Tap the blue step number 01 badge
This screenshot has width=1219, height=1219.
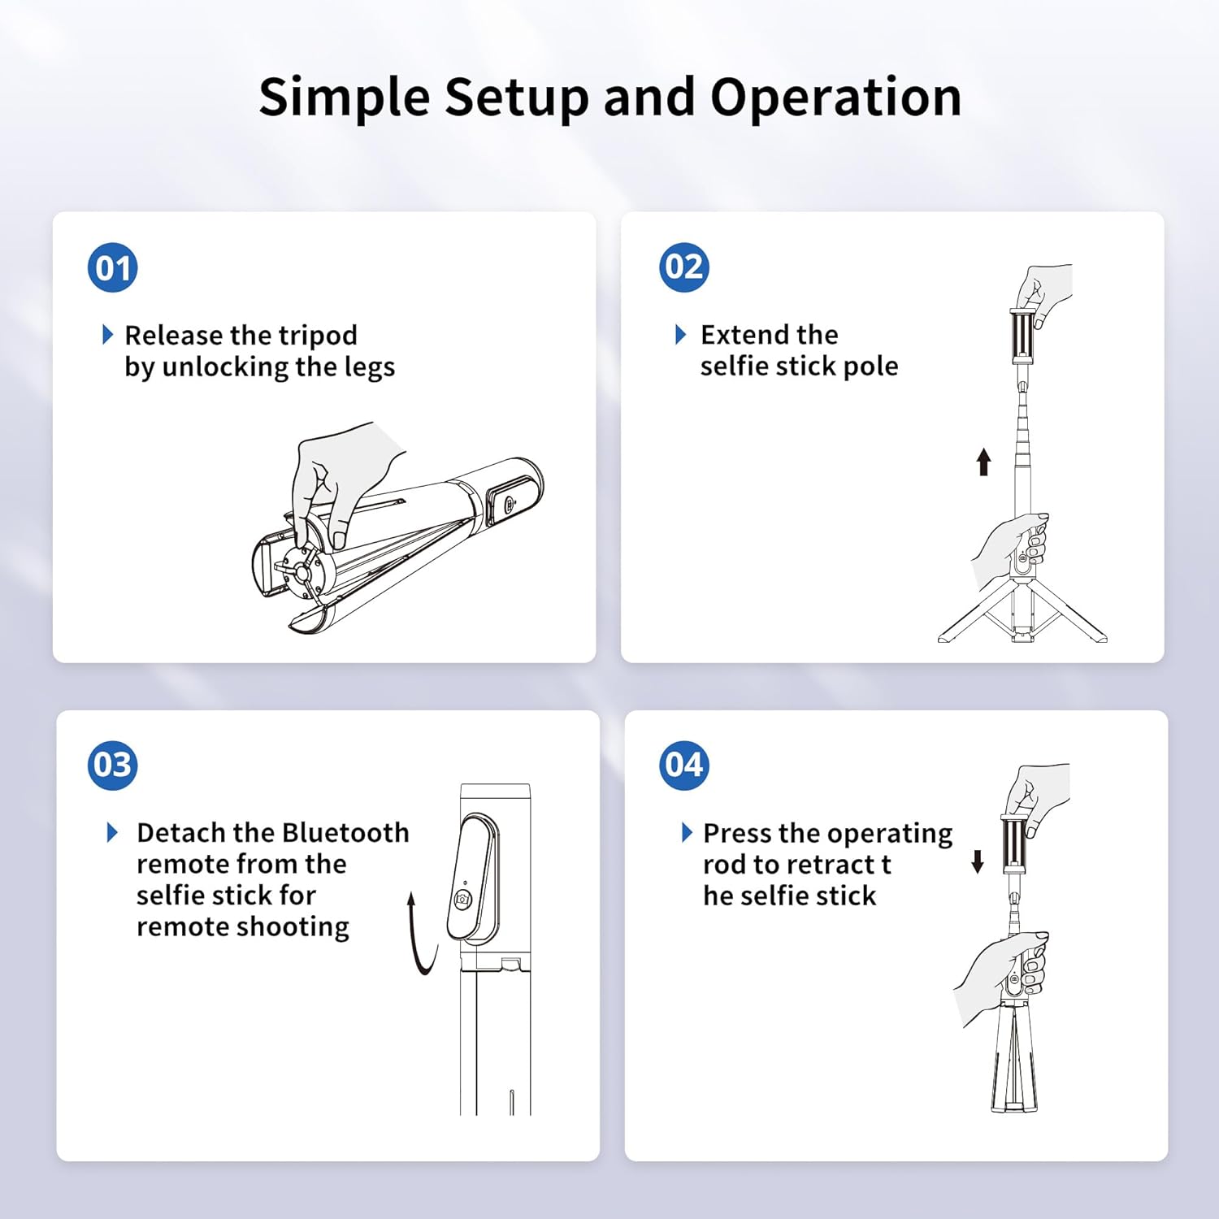coord(112,268)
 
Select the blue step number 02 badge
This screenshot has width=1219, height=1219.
coord(683,267)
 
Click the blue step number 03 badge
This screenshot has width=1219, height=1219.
coord(112,766)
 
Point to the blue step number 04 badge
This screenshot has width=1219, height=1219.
coord(683,766)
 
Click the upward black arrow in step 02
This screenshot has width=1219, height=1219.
coord(983,462)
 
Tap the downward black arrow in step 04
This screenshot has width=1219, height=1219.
coord(978,861)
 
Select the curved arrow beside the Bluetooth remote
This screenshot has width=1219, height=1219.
coord(421,935)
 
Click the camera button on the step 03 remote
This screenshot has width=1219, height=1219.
coord(462,900)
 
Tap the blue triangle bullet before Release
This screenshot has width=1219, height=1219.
coord(107,335)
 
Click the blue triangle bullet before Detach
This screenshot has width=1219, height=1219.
coord(113,833)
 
